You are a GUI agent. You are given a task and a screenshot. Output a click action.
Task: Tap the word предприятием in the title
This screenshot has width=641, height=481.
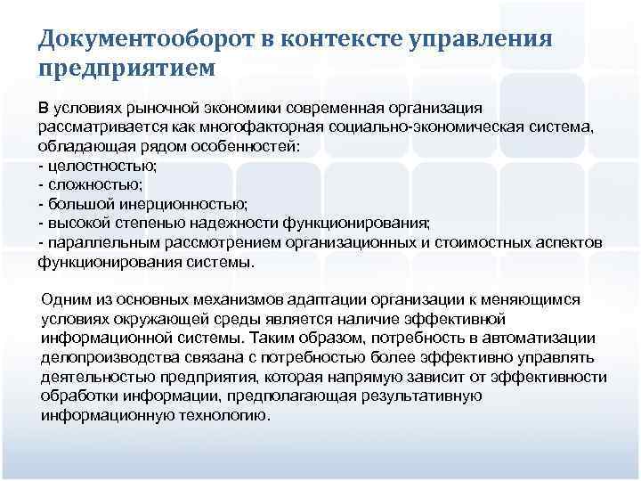click(126, 67)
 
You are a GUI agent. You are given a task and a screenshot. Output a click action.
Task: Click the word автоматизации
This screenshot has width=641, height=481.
click(545, 338)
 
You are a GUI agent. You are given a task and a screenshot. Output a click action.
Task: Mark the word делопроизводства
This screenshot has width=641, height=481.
click(109, 358)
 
